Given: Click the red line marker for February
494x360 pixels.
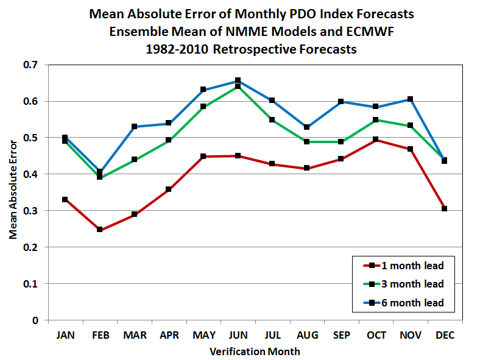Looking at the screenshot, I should point(99,230).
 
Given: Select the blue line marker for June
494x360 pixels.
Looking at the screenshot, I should point(238,80).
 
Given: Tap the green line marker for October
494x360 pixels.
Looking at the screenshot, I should point(376,120).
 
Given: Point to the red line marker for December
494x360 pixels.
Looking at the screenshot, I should point(445,208).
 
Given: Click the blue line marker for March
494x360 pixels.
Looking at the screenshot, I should point(134,127).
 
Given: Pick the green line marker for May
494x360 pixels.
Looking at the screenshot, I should point(203,107).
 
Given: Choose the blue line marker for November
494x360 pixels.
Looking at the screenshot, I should point(411,99).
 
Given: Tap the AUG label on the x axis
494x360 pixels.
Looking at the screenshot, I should point(306,335).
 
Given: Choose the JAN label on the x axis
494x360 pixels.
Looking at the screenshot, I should point(65,335).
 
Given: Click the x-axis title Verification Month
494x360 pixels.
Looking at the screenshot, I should point(255,351).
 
